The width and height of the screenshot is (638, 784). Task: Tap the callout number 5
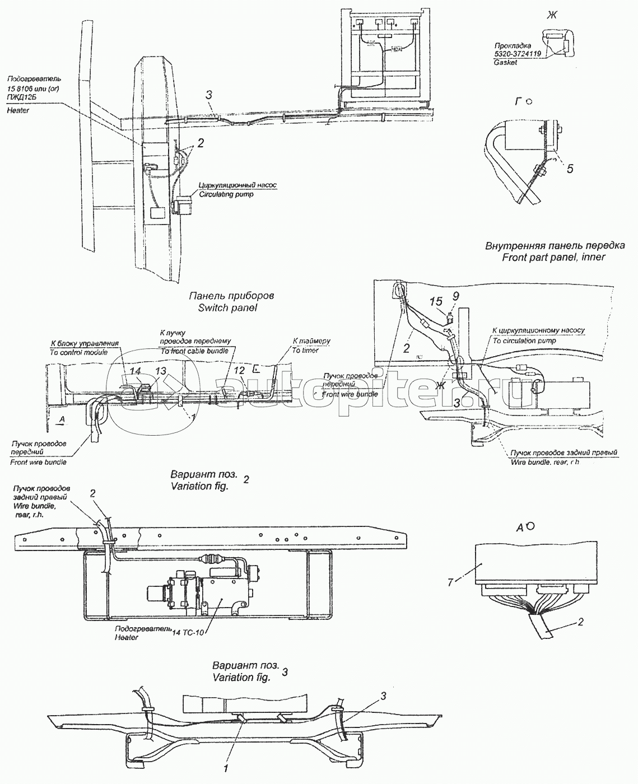(569, 169)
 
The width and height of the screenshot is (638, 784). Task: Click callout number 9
(455, 295)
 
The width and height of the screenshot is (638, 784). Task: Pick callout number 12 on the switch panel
(239, 371)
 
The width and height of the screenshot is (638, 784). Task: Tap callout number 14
(135, 371)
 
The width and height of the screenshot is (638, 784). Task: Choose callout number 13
(161, 371)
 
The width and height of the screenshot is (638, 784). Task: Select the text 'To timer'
(305, 350)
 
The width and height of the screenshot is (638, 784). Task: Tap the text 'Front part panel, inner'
(546, 257)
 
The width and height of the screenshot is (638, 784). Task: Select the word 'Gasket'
(506, 63)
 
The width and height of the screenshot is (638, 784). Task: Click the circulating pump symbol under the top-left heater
(182, 206)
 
